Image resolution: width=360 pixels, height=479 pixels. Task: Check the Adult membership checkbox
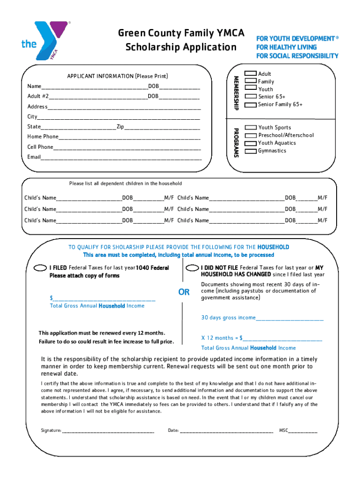[x=251, y=74]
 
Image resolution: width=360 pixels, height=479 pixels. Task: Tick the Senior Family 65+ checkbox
[x=251, y=104]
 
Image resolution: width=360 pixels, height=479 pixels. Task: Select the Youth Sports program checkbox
[x=251, y=128]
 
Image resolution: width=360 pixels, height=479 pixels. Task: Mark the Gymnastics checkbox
[x=251, y=151]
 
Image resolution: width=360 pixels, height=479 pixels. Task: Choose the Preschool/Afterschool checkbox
[x=251, y=135]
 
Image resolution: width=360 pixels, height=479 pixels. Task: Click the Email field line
[x=121, y=158]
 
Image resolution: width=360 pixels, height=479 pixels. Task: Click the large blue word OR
[x=184, y=292]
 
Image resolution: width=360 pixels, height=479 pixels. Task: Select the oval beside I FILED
[x=41, y=268]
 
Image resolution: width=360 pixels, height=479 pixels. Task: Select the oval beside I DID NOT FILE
[x=192, y=268]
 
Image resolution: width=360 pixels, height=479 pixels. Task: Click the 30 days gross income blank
[x=289, y=319]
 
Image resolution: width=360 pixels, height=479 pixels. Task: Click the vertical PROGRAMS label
[x=237, y=142]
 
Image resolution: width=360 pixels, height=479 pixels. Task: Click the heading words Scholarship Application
[x=181, y=47]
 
